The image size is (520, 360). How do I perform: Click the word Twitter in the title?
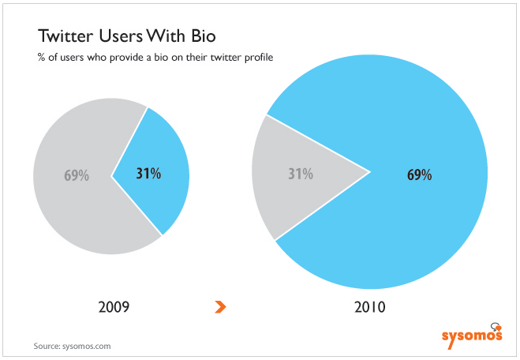tap(65, 36)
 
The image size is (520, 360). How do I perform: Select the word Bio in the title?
tap(204, 36)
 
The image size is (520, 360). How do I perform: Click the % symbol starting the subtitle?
tap(41, 57)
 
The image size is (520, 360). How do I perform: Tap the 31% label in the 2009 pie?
tap(148, 174)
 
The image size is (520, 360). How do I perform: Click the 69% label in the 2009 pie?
tap(77, 175)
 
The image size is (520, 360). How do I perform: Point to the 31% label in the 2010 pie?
tap(301, 174)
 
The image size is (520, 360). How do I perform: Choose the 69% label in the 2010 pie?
tap(420, 174)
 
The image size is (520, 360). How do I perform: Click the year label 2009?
tap(114, 307)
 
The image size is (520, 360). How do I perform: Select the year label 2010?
tap(370, 307)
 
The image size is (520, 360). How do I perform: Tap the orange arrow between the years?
tap(220, 307)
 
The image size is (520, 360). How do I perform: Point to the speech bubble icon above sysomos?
tap(496, 327)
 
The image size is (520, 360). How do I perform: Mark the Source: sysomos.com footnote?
tap(72, 346)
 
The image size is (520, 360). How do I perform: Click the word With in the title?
tap(167, 36)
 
